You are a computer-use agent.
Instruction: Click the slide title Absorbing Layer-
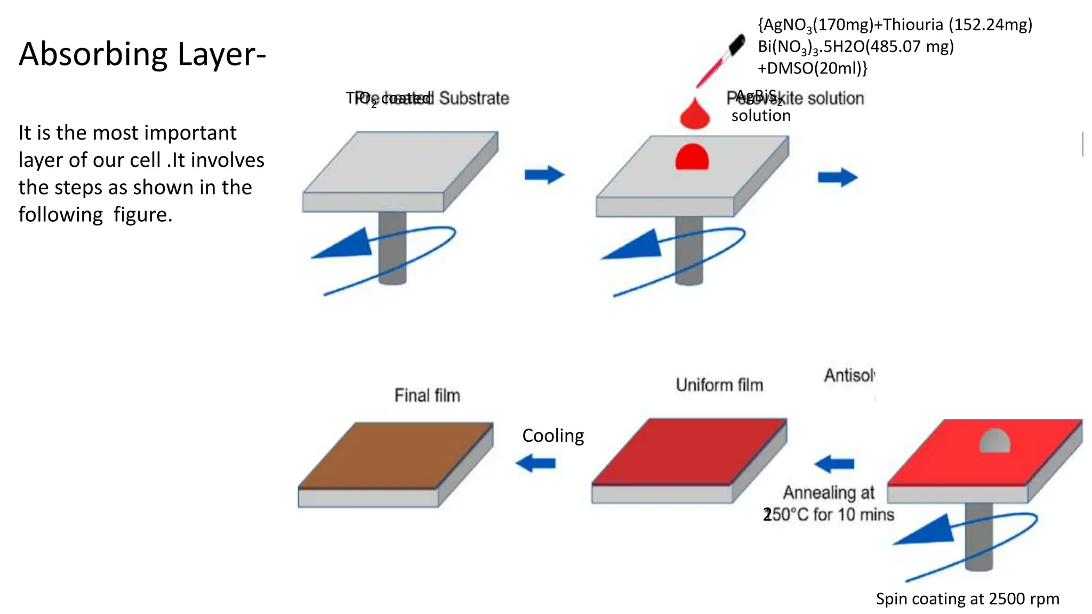click(142, 54)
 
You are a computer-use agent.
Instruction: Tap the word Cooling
click(553, 435)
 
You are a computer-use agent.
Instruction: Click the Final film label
click(427, 395)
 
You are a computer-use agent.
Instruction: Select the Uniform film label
click(719, 385)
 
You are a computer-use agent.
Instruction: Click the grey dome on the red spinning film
click(994, 441)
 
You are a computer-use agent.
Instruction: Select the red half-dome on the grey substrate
click(692, 158)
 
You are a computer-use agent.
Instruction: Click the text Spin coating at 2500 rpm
click(967, 599)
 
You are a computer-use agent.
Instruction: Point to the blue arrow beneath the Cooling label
click(535, 463)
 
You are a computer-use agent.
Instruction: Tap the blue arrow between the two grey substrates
click(544, 175)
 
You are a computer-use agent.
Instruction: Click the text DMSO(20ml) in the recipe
click(816, 68)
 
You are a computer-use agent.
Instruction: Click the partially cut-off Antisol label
click(849, 376)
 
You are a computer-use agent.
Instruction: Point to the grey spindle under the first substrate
click(392, 248)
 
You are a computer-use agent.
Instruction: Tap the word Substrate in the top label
click(474, 98)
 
